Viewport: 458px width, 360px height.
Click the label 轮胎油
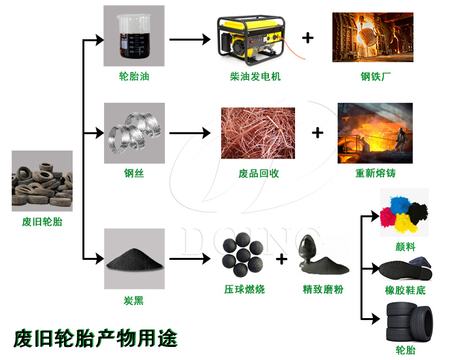click(134, 77)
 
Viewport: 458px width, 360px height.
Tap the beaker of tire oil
click(133, 36)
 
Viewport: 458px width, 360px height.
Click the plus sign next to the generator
click(307, 37)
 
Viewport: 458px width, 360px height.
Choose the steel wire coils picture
click(134, 133)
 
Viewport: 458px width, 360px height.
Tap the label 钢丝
click(133, 173)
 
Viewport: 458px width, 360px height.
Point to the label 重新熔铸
click(375, 173)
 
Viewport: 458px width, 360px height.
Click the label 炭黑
click(133, 301)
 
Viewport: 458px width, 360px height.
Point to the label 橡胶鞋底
click(405, 290)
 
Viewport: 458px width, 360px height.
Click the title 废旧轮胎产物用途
click(96, 338)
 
